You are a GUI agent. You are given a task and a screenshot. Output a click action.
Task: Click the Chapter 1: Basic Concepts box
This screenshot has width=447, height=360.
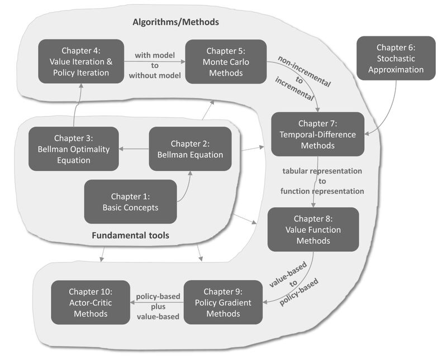point(130,201)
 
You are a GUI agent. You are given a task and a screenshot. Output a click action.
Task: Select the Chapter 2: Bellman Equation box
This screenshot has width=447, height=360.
point(190,148)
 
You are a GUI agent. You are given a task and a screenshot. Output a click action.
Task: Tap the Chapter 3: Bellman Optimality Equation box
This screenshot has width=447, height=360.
point(74,148)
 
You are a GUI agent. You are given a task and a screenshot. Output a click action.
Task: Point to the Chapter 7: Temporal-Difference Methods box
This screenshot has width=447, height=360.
point(317,133)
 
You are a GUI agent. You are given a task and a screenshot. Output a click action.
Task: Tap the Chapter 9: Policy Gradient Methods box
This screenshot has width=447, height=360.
point(223,302)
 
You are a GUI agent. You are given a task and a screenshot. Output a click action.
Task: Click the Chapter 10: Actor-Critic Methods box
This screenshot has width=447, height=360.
point(90,302)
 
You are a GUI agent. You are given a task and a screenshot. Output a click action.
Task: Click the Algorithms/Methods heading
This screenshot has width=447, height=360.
point(175,22)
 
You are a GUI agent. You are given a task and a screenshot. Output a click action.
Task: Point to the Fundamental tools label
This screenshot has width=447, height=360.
point(130,236)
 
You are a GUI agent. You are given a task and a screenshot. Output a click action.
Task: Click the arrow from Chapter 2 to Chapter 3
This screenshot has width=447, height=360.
point(134,148)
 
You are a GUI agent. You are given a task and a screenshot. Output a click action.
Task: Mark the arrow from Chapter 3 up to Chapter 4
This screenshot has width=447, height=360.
point(75,106)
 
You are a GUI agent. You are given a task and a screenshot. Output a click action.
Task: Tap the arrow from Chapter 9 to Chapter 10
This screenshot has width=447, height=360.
point(156,302)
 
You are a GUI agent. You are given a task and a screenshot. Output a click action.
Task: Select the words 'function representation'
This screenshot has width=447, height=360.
point(322,191)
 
